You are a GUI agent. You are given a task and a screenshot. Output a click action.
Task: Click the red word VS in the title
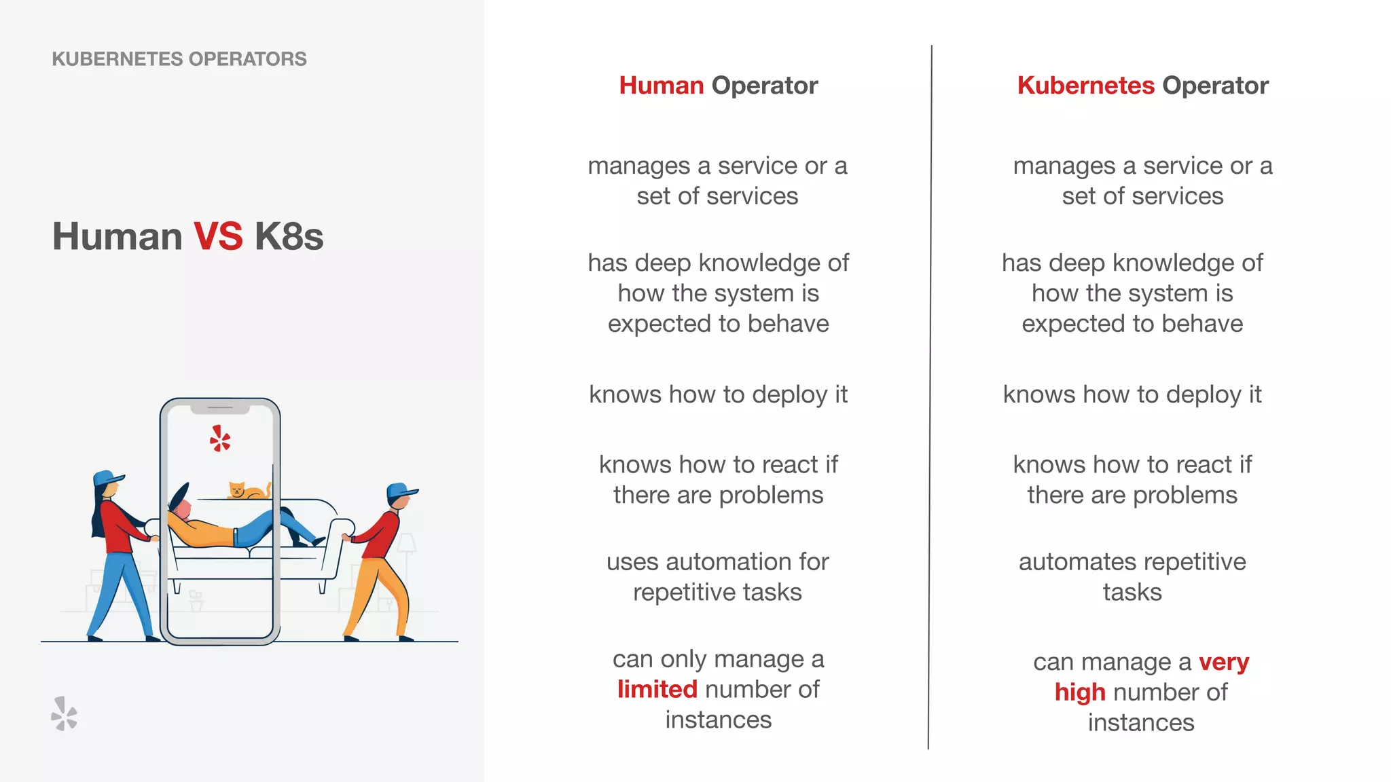218,236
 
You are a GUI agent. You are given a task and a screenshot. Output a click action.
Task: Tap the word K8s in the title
289,236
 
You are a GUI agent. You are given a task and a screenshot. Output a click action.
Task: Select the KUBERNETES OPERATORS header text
179,59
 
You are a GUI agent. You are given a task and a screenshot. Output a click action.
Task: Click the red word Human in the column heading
661,86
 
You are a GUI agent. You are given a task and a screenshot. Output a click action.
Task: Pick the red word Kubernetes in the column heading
1085,86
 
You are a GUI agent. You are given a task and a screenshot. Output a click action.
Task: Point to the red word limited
657,689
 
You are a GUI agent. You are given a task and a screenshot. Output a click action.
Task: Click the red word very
1223,661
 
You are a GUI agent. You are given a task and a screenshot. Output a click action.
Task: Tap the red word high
1080,692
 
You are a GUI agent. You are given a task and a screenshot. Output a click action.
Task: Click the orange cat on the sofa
246,490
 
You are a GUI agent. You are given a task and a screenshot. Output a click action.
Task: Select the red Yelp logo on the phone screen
220,439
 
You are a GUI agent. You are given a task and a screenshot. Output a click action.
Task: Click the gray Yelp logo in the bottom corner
65,713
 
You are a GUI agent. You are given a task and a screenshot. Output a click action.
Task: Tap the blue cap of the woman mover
107,478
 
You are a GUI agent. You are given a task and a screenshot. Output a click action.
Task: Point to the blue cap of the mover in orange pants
401,491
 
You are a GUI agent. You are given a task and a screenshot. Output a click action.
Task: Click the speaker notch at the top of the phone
220,408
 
